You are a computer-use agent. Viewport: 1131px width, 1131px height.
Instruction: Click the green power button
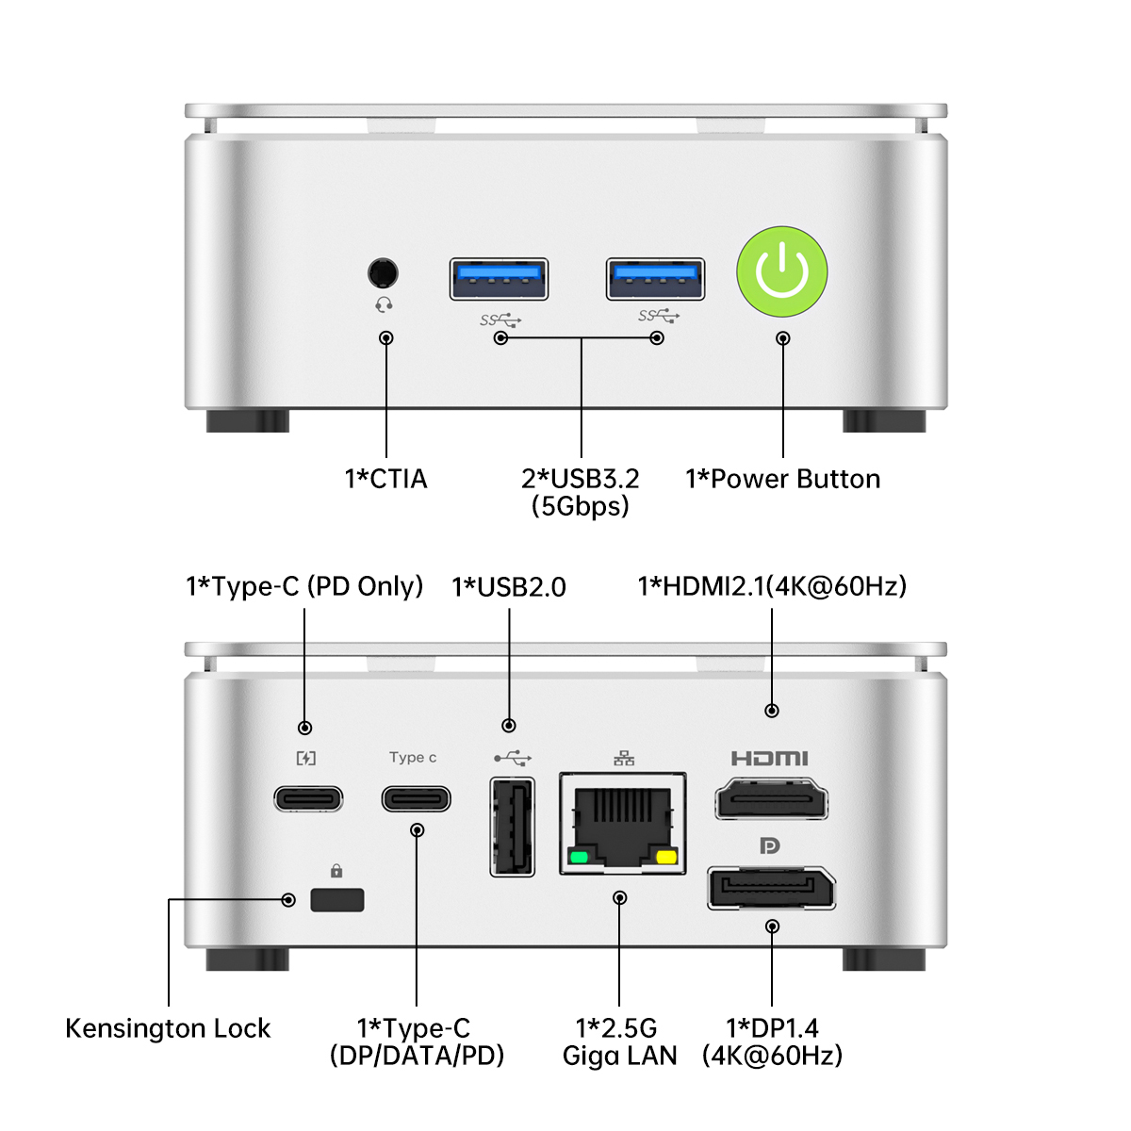click(782, 272)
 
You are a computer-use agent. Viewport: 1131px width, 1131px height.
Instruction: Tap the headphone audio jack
click(383, 273)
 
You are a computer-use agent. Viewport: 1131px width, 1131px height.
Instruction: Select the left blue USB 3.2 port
click(499, 278)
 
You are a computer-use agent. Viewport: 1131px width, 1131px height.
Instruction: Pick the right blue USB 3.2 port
click(655, 278)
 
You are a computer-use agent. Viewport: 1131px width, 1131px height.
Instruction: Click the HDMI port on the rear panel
click(772, 801)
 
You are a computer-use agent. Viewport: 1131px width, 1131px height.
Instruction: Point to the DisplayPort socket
click(772, 889)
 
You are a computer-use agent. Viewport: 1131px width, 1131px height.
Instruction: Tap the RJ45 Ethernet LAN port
click(623, 823)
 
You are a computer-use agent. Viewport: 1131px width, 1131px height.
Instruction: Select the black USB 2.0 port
click(512, 827)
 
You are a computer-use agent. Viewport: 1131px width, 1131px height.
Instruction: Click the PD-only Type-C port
click(308, 799)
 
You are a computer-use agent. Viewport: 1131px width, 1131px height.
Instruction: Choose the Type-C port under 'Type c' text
click(416, 799)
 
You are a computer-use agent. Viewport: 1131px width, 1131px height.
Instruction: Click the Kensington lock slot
click(336, 899)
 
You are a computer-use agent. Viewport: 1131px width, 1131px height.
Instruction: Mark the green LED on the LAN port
click(579, 858)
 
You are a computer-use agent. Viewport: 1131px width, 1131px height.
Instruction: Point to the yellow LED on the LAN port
click(666, 857)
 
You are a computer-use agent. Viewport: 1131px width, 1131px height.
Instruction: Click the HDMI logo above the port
click(770, 758)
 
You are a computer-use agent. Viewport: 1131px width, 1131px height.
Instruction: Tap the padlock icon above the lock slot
click(336, 871)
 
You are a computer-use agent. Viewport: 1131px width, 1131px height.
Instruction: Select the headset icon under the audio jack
click(384, 304)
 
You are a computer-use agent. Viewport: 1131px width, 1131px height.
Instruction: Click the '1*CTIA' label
click(386, 479)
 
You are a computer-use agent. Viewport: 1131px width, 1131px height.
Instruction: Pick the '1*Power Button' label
click(782, 479)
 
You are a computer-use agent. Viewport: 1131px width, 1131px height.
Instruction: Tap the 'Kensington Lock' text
click(168, 1028)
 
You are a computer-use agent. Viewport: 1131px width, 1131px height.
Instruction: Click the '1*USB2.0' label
click(509, 587)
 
